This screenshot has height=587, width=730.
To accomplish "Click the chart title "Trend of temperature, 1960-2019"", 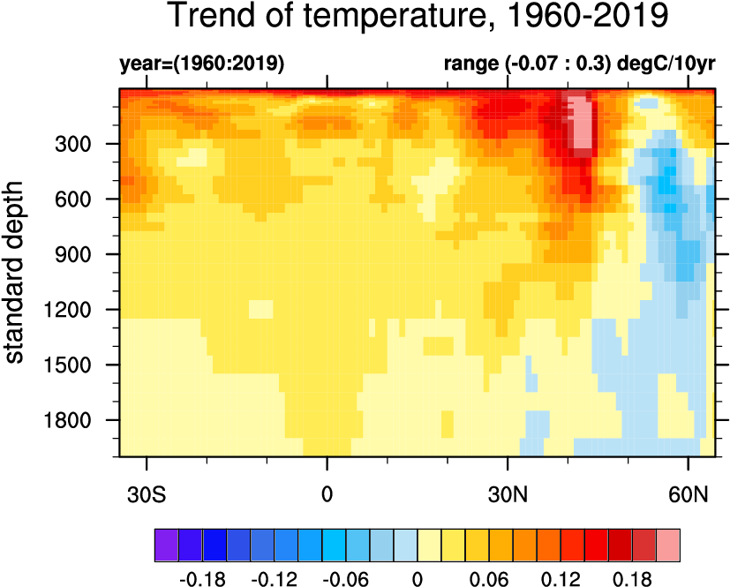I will coord(418,17).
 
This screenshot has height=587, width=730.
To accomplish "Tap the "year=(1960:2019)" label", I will coord(201,64).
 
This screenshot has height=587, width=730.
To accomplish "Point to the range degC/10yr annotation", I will coord(579,64).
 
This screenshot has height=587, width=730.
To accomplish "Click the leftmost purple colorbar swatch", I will coord(166,544).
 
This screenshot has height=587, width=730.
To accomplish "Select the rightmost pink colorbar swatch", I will coord(668,544).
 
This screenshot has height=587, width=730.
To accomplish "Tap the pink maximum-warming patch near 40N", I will coord(580,124).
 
